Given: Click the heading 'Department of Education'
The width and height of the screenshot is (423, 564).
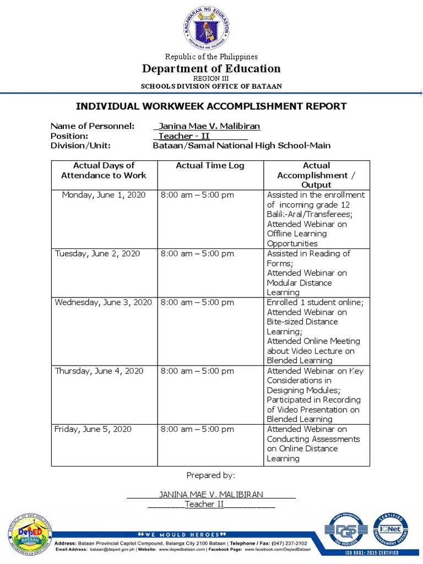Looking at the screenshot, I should pos(211,69).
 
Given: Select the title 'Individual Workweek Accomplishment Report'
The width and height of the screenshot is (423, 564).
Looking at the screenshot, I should pos(211,106).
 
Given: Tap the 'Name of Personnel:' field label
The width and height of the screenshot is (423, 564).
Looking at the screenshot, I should pos(93,126).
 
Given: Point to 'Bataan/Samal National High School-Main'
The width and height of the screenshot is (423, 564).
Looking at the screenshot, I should pos(242,146).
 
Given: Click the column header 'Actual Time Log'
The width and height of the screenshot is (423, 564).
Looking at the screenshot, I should pos(210,166).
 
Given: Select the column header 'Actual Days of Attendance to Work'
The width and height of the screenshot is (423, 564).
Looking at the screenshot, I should pos(104,170).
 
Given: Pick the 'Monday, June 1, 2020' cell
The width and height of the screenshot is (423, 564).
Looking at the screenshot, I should pos(104,195).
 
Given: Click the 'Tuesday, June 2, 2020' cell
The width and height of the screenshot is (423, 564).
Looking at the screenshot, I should pos(97,254).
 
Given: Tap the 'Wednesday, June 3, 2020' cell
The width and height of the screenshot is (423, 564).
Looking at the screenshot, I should pos(103,302).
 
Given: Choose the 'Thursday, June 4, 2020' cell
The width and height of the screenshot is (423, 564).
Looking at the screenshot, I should pos(99,371).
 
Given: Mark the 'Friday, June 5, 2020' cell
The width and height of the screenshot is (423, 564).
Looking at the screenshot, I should pos(93,429).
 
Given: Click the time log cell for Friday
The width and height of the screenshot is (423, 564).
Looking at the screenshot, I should pos(197,429).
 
